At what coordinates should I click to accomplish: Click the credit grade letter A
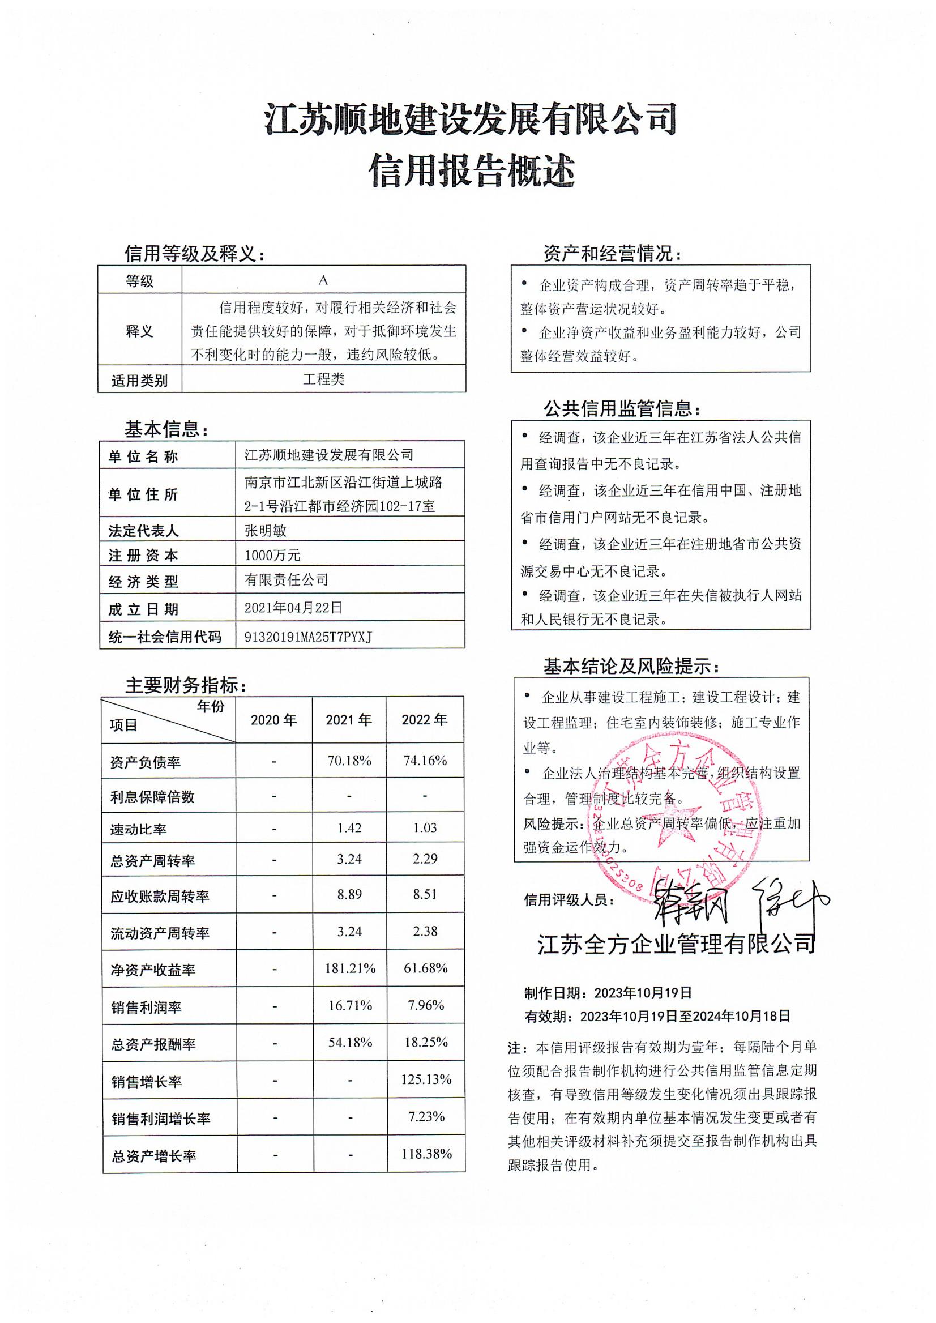pyautogui.click(x=323, y=280)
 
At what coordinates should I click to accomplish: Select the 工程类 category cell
pyautogui.click(x=323, y=379)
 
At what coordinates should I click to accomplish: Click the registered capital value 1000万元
pyautogui.click(x=272, y=555)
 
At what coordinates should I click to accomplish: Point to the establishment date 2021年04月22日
pyautogui.click(x=293, y=607)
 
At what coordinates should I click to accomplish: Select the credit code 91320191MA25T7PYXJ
pyautogui.click(x=309, y=637)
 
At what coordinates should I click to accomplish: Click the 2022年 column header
pyautogui.click(x=424, y=719)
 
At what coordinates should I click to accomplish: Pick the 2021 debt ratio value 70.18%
pyautogui.click(x=349, y=761)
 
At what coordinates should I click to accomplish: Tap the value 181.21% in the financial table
pyautogui.click(x=350, y=968)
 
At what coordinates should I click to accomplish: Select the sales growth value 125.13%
pyautogui.click(x=426, y=1079)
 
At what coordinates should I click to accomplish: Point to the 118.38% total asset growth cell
pyautogui.click(x=426, y=1154)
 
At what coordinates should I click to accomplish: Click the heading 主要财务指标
pyautogui.click(x=186, y=685)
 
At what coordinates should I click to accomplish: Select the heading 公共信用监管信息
pyautogui.click(x=622, y=409)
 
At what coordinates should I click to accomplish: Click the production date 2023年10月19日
pyautogui.click(x=643, y=993)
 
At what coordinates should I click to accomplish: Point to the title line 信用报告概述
pyautogui.click(x=472, y=171)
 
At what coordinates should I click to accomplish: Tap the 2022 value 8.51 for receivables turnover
pyautogui.click(x=425, y=894)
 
